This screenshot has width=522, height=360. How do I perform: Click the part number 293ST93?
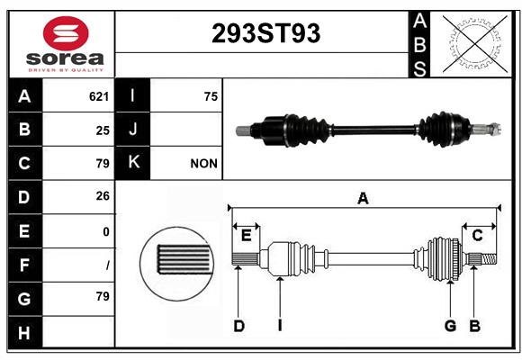(x=265, y=33)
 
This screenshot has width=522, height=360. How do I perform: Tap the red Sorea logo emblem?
(x=66, y=33)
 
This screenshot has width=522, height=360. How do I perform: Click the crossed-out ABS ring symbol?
(x=474, y=44)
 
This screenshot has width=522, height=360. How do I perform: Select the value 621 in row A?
(x=99, y=96)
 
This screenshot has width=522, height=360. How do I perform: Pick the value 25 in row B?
(x=103, y=130)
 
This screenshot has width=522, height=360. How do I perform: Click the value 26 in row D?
(x=103, y=196)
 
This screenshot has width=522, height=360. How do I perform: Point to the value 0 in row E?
(x=106, y=231)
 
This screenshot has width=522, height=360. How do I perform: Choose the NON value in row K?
(x=203, y=164)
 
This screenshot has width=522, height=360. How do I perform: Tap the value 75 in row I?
(x=211, y=96)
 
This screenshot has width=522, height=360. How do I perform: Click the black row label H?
(x=24, y=332)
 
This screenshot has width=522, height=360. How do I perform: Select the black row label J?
(x=132, y=130)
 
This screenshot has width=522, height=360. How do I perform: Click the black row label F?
(x=24, y=265)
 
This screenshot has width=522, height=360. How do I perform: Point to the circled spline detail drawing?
(x=176, y=264)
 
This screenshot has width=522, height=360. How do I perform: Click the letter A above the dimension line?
(x=363, y=199)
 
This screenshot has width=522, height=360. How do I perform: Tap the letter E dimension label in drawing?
(x=246, y=236)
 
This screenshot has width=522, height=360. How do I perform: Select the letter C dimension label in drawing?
(x=477, y=236)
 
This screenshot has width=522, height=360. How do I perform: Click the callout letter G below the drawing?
(x=450, y=326)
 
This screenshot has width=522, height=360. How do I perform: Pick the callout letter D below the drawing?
(x=239, y=326)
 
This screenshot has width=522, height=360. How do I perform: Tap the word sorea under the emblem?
(x=65, y=58)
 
